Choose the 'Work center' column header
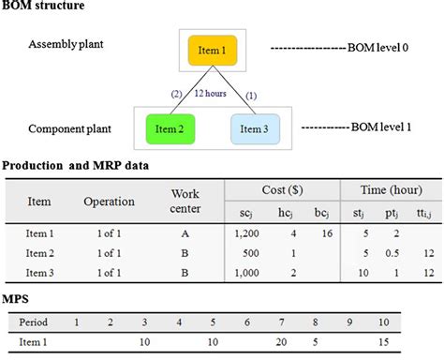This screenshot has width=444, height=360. pyautogui.click(x=185, y=201)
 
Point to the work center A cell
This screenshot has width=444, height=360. pyautogui.click(x=186, y=233)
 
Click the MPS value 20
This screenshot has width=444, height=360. pyautogui.click(x=281, y=343)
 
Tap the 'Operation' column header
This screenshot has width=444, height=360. pyautogui.click(x=109, y=202)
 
